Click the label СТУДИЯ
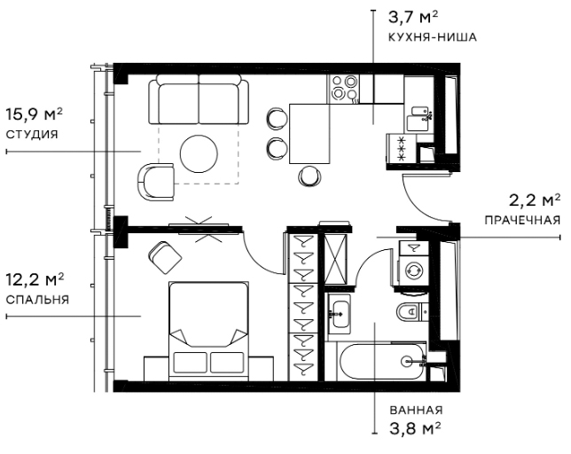32,135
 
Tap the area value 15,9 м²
35,114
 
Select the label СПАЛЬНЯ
37,300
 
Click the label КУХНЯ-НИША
433,37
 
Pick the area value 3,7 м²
413,18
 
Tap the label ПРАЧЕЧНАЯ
522,220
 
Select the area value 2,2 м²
535,200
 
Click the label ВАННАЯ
416,410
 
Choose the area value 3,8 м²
415,428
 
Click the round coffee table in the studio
199,153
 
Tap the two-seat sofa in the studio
199,99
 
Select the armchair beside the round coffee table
156,182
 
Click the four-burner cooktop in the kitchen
342,88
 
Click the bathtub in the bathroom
382,362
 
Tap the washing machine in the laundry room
414,270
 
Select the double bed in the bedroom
209,331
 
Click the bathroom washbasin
340,314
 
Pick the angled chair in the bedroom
165,257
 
